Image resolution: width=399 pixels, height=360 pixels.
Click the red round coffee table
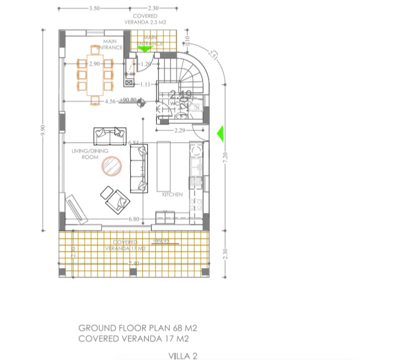point(112,166)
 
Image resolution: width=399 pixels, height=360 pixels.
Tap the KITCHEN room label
point(172,194)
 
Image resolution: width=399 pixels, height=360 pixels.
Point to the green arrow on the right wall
point(220,134)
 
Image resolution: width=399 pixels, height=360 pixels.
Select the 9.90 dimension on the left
point(43,130)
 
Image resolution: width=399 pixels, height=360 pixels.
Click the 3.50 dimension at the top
point(94,9)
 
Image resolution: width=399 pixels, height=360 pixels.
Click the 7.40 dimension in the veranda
point(134,263)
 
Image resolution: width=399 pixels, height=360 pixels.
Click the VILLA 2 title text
point(183,355)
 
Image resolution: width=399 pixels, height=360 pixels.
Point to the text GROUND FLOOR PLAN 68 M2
point(137,328)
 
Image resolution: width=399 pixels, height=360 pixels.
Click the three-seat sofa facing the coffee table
point(139,169)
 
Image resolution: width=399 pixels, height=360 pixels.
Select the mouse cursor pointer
point(117,132)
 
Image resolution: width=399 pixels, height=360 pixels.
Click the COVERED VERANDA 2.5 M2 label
point(145,19)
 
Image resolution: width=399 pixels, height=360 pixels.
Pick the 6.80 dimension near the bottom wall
point(134,219)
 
